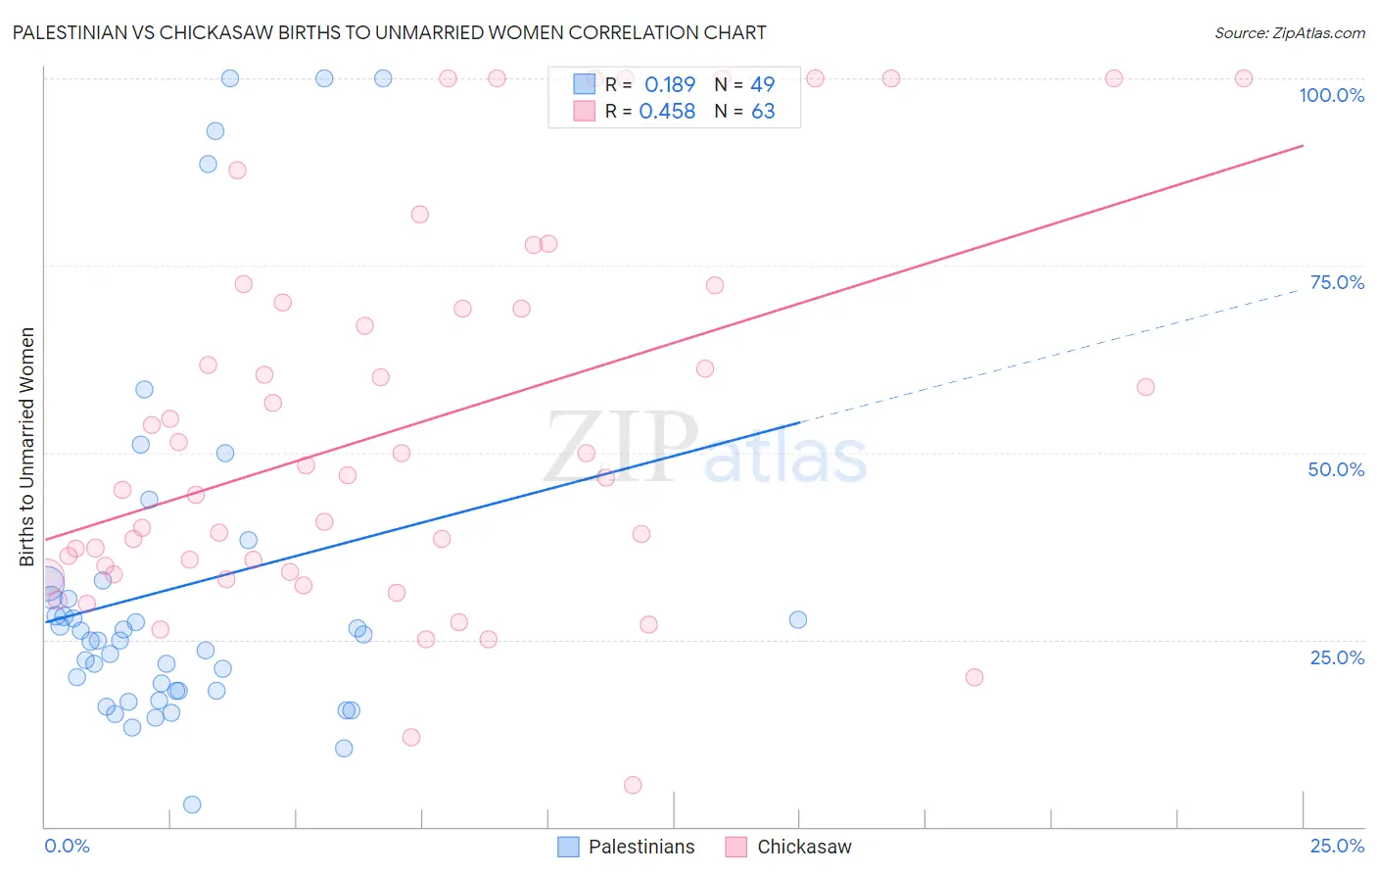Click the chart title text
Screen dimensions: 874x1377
389,32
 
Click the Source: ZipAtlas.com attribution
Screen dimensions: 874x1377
1289,33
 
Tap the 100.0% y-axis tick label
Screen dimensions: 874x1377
1331,95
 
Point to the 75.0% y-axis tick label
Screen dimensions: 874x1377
1337,282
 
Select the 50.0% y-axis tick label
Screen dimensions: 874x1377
1336,469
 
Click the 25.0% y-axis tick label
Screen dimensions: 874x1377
1337,657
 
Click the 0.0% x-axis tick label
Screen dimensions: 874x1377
67,846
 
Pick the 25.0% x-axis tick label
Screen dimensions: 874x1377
1337,846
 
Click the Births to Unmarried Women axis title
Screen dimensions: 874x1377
27,447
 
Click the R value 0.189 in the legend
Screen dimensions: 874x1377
669,85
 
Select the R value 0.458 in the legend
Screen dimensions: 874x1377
667,112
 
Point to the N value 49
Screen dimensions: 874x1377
762,85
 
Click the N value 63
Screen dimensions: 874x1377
763,112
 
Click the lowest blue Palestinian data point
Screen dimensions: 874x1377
192,804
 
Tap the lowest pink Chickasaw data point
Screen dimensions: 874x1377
633,785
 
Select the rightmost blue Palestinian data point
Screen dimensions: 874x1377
798,619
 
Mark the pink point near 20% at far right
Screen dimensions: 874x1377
973,677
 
